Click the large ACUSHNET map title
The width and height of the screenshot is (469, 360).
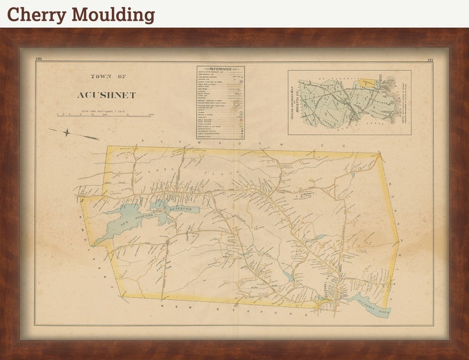(x=106, y=95)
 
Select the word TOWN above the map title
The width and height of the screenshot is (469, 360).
(x=99, y=76)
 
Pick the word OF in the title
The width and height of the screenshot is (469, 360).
(x=121, y=76)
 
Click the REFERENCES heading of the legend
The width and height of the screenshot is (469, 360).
(x=220, y=69)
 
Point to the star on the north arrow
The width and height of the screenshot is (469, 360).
(x=67, y=132)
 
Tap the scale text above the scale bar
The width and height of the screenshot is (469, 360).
(x=105, y=111)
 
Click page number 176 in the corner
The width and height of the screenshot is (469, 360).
(x=39, y=60)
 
